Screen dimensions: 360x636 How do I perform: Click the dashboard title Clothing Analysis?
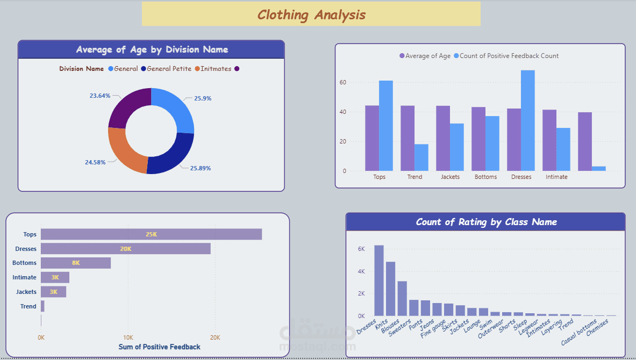coord(311,15)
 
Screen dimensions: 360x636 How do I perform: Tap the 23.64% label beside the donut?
coord(100,96)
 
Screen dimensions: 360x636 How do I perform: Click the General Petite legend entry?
coord(166,69)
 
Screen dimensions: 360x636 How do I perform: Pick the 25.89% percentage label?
coord(200,168)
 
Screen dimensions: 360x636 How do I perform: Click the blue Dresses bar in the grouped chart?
coord(527,121)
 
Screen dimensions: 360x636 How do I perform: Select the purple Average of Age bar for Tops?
coord(371,138)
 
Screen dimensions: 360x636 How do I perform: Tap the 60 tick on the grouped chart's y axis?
coord(342,83)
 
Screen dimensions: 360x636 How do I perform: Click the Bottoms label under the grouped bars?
coord(485,177)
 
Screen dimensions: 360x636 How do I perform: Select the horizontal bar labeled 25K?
coord(151,234)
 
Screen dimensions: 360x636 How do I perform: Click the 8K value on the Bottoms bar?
coord(76,263)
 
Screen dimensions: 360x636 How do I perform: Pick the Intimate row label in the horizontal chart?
coord(25,277)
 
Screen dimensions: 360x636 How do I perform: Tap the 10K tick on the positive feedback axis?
coord(128,337)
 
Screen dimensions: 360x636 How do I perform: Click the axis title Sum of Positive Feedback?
coord(159,347)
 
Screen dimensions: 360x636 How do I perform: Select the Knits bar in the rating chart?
coord(390,289)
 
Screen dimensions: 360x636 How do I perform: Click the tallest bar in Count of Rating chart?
coord(378,280)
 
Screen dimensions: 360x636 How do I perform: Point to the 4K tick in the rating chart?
coord(361,271)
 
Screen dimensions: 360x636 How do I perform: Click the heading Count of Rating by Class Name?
coord(486,222)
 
